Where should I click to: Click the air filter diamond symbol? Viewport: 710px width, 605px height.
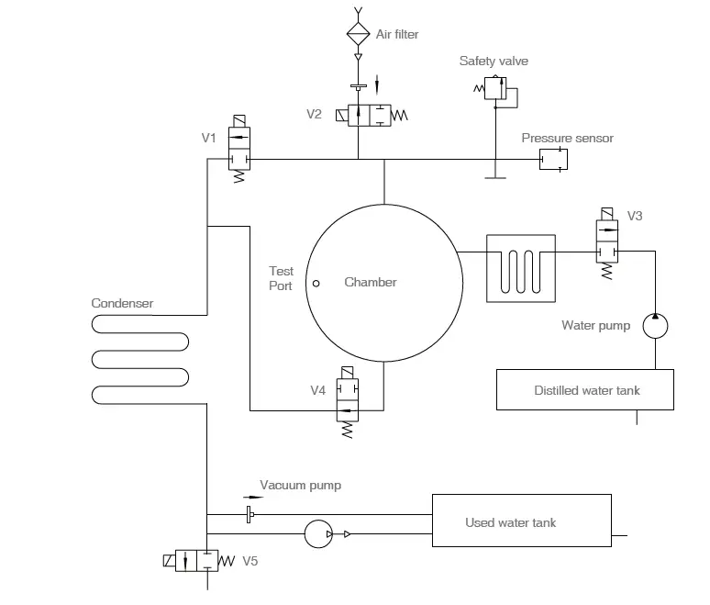coord(356,34)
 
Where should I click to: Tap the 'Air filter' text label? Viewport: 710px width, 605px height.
coord(397,35)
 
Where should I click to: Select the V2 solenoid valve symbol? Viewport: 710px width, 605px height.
coord(371,115)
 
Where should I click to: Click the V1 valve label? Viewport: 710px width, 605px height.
coord(209,139)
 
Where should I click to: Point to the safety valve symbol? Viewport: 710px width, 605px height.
coord(495,89)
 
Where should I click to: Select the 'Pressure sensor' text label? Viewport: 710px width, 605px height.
coord(567,139)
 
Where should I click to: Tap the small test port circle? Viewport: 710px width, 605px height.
coord(316,284)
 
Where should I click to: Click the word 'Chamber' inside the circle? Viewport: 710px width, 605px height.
coord(371,283)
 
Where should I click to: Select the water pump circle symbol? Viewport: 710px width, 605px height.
coord(655,325)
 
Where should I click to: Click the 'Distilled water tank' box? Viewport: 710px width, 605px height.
coord(586,390)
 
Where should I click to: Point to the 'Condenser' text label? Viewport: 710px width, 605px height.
coord(122,304)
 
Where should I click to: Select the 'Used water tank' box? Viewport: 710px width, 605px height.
coord(521,522)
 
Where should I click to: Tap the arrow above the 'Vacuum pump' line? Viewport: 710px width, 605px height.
coord(252,497)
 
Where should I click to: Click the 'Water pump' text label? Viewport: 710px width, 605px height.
coord(595,326)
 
